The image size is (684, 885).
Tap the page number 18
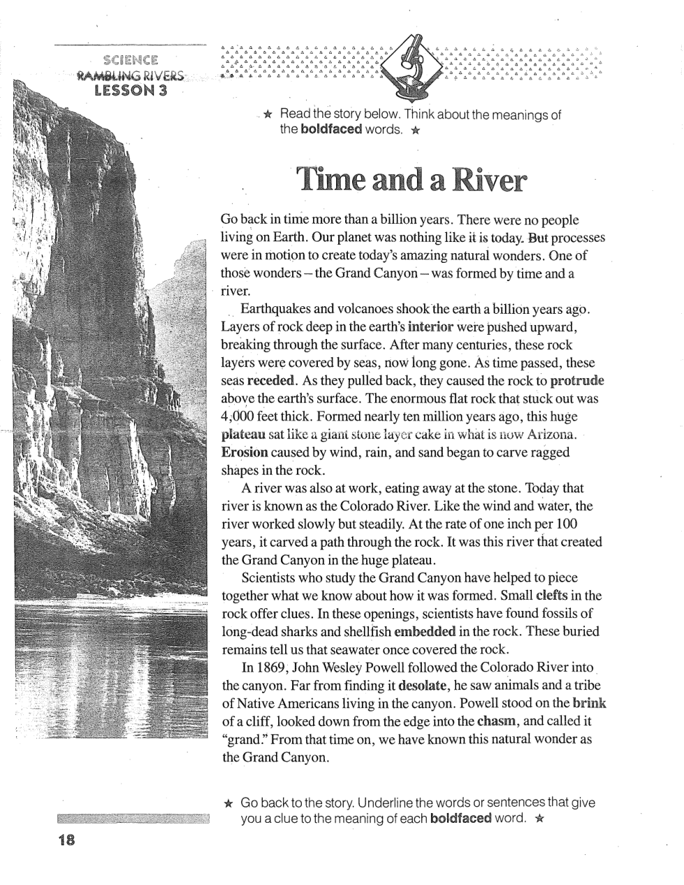[67, 840]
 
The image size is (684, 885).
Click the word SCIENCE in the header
[130, 60]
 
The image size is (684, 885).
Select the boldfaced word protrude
[576, 381]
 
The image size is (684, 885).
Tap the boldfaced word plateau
[243, 434]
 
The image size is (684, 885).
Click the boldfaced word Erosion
[245, 452]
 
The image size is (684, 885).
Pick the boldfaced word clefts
[551, 596]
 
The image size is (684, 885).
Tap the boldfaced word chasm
[497, 721]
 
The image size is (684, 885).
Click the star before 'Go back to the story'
[228, 803]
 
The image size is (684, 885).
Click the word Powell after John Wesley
[384, 668]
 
